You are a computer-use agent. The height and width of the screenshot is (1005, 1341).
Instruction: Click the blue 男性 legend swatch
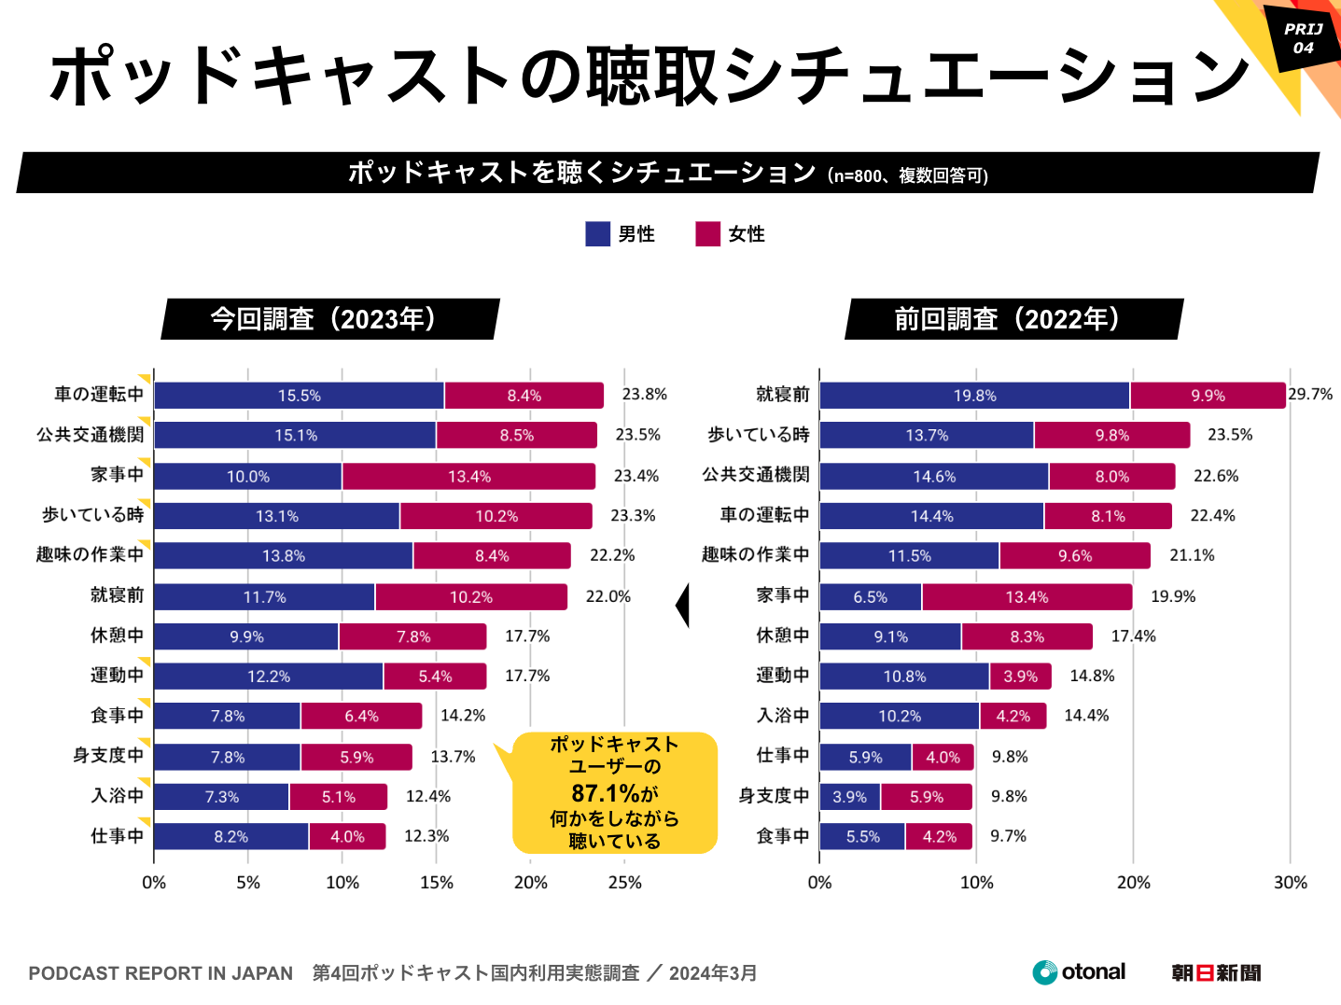(x=597, y=234)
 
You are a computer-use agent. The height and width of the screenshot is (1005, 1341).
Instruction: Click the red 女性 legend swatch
(x=707, y=234)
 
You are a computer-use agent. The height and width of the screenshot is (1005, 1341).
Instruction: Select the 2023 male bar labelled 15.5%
(x=299, y=396)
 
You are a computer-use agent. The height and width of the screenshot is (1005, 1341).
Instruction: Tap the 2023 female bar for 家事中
(x=468, y=476)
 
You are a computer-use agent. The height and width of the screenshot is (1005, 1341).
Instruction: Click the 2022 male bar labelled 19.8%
(x=974, y=396)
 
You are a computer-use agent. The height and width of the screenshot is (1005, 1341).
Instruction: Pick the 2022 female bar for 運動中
(x=1020, y=677)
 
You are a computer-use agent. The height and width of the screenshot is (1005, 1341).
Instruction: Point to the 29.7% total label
(x=1310, y=394)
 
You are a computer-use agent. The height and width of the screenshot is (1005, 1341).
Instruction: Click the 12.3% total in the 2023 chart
(x=426, y=836)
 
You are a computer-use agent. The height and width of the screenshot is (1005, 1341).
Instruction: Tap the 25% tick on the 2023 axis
(x=624, y=883)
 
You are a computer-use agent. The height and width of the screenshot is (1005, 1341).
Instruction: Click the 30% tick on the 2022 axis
(x=1291, y=883)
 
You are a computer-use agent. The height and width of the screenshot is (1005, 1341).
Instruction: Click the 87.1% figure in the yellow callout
(x=606, y=793)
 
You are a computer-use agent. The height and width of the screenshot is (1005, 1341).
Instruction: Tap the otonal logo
(x=1079, y=972)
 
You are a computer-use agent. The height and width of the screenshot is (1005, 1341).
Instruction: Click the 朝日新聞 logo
(x=1216, y=973)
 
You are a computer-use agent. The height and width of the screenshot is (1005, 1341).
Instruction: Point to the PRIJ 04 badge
(x=1303, y=38)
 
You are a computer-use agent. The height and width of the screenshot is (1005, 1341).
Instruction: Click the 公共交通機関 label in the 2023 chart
(x=91, y=435)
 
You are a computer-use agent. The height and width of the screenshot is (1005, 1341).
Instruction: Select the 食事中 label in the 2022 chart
(x=782, y=836)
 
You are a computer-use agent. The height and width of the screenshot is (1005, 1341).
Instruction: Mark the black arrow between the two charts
(x=682, y=606)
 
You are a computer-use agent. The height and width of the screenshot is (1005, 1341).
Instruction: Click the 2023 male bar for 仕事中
(x=230, y=837)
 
